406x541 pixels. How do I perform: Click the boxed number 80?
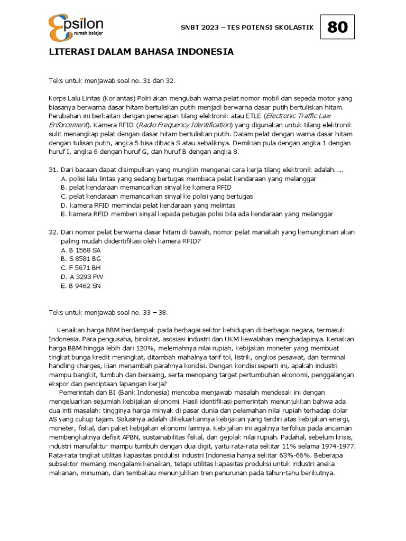click(x=337, y=27)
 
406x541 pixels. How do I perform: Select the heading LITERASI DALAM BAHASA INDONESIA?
click(x=141, y=52)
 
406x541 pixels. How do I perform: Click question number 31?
click(x=52, y=170)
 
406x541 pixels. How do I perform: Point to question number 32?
click(x=52, y=232)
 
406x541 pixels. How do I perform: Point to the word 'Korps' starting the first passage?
click(x=58, y=98)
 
